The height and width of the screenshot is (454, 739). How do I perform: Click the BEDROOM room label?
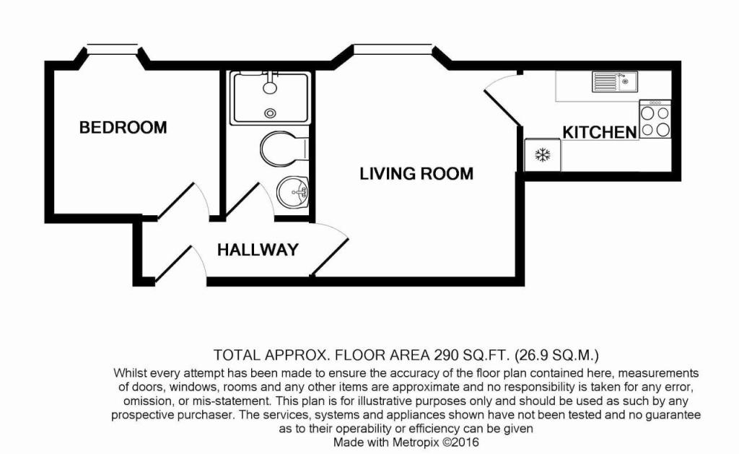coord(123,128)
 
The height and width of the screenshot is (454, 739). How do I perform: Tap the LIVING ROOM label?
coord(416,173)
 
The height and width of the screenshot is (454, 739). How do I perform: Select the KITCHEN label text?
coord(600,132)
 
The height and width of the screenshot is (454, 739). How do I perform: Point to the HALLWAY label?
coord(258,250)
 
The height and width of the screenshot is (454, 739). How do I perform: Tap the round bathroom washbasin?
coord(292,193)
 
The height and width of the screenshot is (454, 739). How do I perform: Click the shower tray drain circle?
coord(271,113)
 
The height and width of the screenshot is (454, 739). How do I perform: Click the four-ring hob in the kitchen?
coord(655,119)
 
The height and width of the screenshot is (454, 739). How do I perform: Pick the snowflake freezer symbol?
coord(542,155)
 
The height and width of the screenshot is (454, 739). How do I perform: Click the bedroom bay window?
coord(112,49)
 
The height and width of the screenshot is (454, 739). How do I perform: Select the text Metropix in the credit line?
coord(427,442)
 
